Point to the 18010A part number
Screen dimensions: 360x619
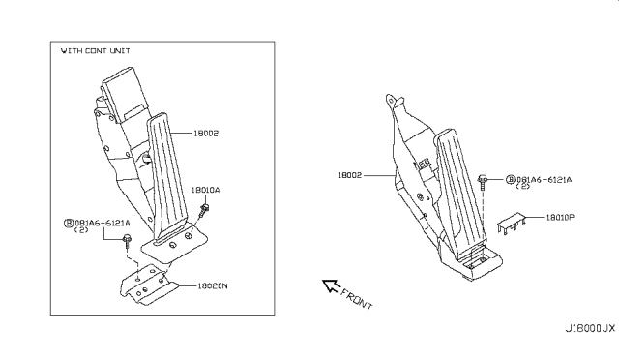pos(205,191)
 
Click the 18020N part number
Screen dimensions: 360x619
pos(213,286)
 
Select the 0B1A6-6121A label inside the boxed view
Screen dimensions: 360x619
pos(102,223)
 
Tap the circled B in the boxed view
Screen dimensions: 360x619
pos(69,223)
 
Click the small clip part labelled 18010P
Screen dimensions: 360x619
pos(515,225)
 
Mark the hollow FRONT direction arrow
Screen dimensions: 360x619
pos(334,287)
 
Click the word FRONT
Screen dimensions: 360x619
pos(357,299)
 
